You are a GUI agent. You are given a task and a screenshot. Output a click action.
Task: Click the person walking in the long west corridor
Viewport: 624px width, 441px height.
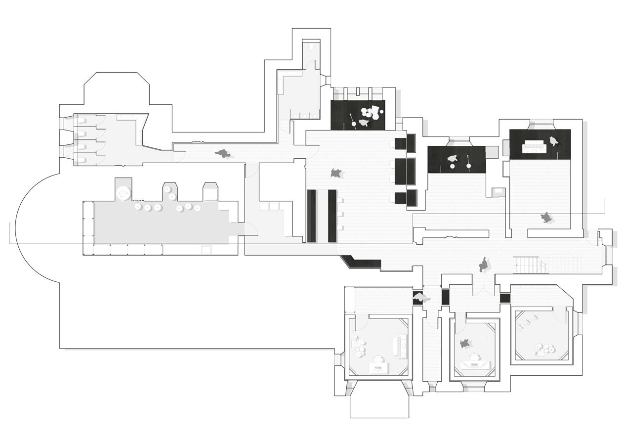coord(223,154)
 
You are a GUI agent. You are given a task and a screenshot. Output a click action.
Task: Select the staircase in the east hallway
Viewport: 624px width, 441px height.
coord(531,265)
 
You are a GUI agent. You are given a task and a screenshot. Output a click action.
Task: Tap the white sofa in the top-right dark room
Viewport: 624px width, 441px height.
coord(534,145)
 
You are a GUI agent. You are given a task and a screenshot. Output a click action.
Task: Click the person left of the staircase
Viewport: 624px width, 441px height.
coord(484,265)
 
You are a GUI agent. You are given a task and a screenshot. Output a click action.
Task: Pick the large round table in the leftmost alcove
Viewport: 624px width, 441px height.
coord(124,192)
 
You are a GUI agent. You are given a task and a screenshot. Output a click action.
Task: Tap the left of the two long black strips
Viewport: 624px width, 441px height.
coord(311,216)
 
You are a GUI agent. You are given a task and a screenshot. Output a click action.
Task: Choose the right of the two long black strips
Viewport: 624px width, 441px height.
coord(332,216)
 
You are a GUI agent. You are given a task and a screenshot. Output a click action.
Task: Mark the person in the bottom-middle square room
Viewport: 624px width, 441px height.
coord(464,343)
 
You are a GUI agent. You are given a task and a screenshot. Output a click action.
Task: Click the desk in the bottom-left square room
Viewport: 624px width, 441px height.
coord(378,367)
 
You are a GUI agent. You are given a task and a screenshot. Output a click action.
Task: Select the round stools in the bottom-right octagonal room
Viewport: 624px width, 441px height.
coord(543,350)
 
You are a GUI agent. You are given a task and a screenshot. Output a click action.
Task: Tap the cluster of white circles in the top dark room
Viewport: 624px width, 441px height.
coord(371,113)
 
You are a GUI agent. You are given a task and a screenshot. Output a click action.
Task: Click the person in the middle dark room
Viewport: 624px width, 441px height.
coord(452,159)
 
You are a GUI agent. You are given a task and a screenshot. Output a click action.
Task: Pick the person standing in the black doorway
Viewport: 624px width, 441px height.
coord(419,298)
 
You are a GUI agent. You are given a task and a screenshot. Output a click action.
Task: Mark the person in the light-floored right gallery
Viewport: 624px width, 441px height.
coord(546,218)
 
